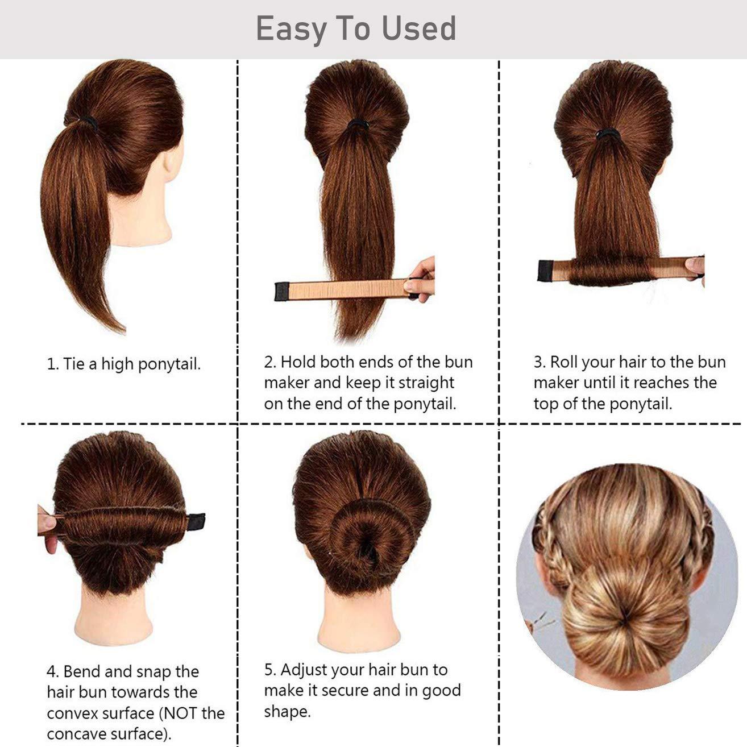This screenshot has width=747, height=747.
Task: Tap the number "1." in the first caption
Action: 52,364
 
